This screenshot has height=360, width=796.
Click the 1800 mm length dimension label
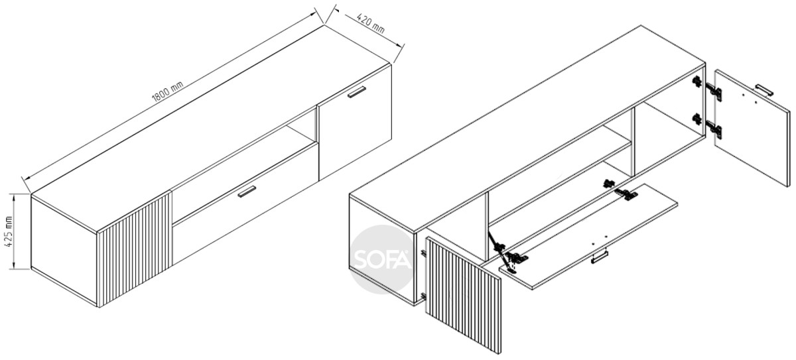coord(167,91)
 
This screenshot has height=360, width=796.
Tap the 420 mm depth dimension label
coord(371,23)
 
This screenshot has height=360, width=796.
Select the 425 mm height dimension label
coord(9,232)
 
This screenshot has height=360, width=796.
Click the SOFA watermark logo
coord(382,259)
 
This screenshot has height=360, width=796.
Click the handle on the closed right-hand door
coord(357,91)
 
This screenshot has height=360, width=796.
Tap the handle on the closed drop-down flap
coord(247,191)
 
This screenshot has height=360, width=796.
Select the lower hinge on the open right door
coord(707,126)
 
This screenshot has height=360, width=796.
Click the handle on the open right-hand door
coord(763,90)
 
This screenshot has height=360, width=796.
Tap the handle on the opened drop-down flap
coord(600,257)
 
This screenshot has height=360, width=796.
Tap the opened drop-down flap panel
coord(588,236)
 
